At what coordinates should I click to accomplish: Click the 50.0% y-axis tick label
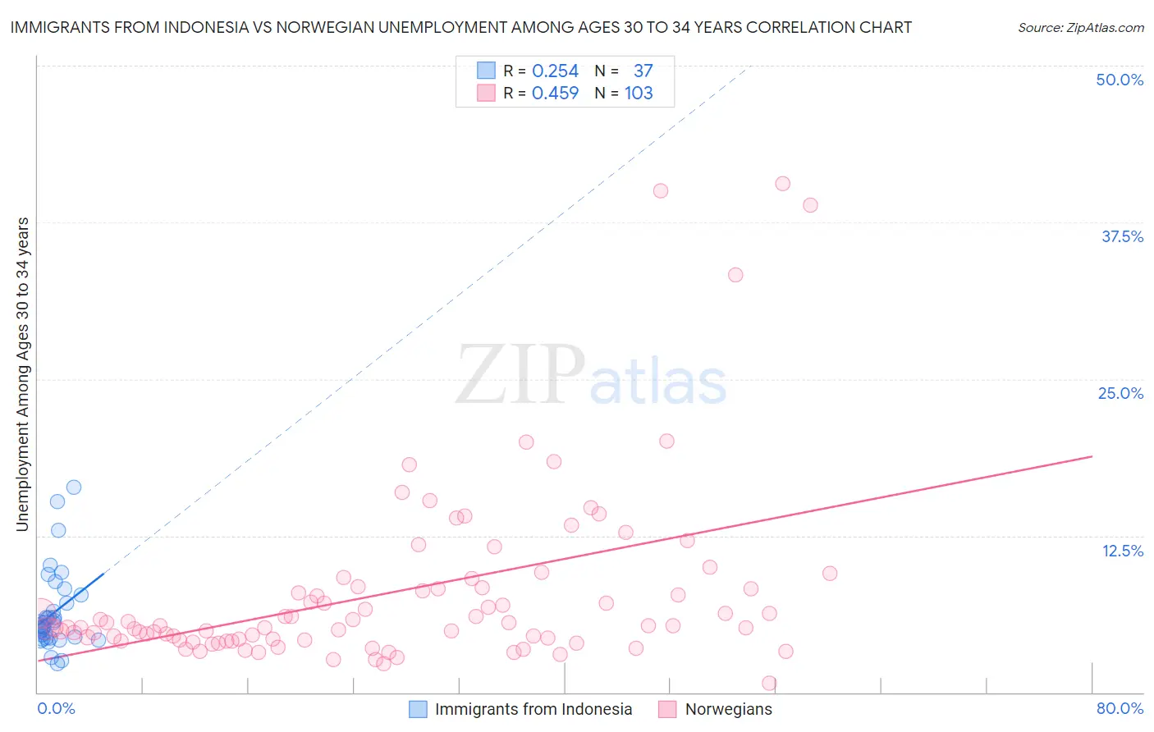click(x=1120, y=80)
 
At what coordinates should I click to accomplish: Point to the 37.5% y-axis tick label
click(x=1122, y=236)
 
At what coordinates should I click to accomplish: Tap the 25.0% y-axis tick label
click(x=1120, y=393)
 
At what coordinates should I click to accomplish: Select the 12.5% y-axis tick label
click(x=1122, y=551)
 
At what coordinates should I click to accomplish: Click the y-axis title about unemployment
click(x=23, y=373)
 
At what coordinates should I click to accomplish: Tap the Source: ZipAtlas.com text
click(x=1080, y=28)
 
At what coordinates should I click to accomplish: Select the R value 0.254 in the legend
click(x=555, y=71)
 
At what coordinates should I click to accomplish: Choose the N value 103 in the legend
click(x=639, y=94)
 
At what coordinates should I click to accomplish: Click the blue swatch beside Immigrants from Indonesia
click(x=418, y=710)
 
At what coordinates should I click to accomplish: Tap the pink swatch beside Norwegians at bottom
click(x=667, y=710)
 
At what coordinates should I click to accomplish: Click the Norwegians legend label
click(x=728, y=710)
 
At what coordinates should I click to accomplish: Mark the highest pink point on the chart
click(x=782, y=184)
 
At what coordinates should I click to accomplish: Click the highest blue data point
click(x=74, y=487)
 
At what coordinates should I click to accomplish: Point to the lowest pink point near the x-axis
click(x=769, y=683)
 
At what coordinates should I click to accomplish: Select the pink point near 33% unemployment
click(x=735, y=275)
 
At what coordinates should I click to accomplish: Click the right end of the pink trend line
click(x=1092, y=456)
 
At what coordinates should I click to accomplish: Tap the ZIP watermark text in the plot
click(x=520, y=375)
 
